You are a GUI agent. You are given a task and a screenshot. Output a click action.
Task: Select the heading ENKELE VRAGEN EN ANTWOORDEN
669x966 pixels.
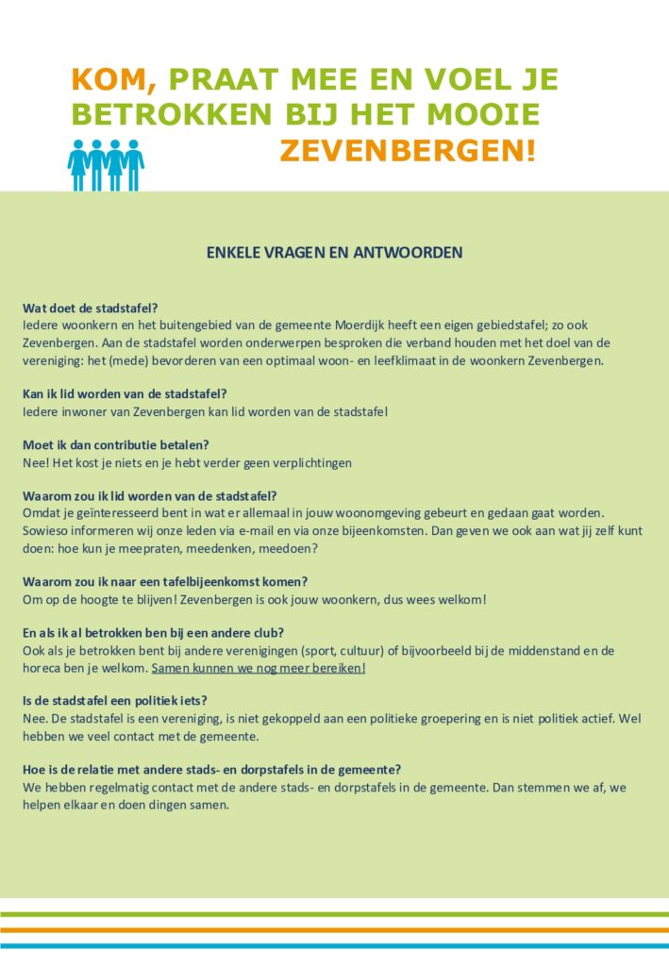[x=334, y=253]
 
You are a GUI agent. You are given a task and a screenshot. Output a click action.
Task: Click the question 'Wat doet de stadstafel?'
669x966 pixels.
[x=91, y=308]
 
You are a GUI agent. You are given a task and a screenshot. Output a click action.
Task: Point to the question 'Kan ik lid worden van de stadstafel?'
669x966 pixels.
[x=125, y=393]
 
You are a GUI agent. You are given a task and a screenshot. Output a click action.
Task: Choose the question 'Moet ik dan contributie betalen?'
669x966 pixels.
[x=116, y=444]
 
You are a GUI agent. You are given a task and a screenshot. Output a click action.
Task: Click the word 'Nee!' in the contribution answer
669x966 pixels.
[x=35, y=462]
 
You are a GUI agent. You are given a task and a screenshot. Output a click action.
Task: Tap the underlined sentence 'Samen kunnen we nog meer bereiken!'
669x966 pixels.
[x=258, y=668]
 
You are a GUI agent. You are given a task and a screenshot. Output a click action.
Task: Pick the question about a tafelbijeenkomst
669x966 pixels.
[x=166, y=581]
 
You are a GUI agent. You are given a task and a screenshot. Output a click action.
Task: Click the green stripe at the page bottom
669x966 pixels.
[x=334, y=914]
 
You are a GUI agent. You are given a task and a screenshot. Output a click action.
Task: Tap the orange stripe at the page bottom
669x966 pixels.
[x=334, y=930]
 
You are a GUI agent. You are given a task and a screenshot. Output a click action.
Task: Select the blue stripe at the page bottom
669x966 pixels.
[x=334, y=945]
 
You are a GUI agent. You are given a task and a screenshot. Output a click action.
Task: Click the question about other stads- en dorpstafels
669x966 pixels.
[x=213, y=769]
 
